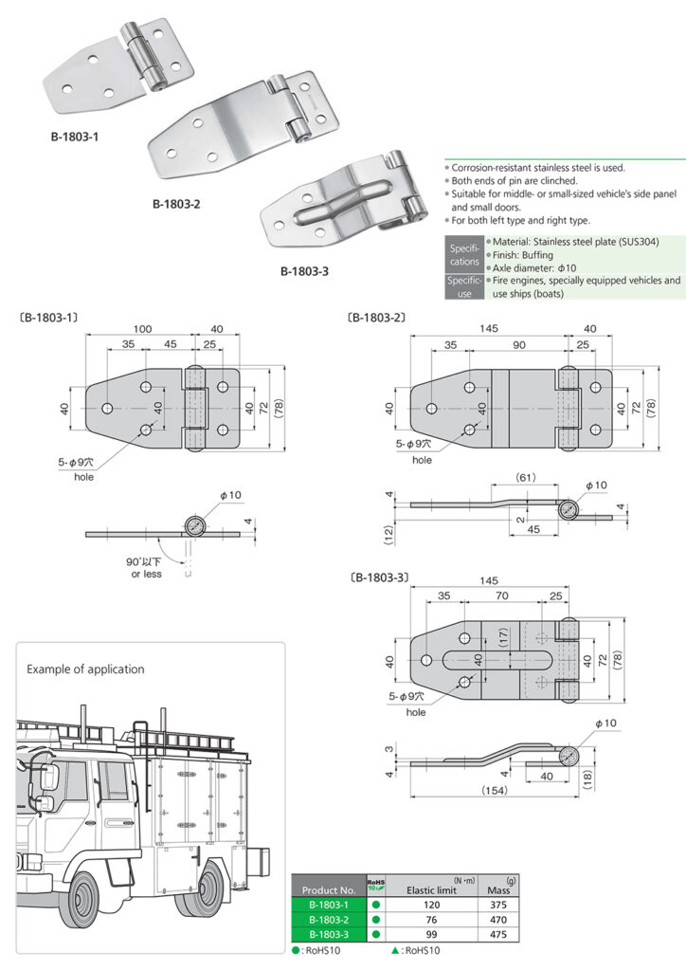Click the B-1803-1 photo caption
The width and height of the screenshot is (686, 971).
(75, 136)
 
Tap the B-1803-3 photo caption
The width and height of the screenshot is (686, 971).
(304, 271)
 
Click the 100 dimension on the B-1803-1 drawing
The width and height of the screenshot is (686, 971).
(142, 327)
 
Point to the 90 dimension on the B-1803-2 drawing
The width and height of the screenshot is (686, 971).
(519, 345)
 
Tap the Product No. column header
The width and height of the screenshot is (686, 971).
(328, 890)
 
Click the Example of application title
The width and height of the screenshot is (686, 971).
(85, 669)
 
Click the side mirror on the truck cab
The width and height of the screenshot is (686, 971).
(48, 778)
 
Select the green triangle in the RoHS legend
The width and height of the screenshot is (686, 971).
(394, 950)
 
